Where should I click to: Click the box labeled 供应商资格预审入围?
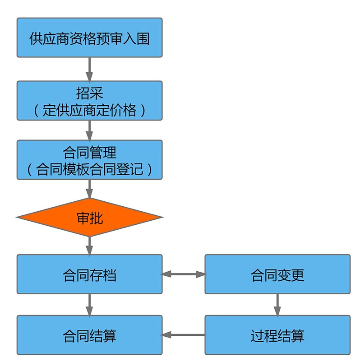(89, 38)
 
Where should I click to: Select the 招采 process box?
(89, 101)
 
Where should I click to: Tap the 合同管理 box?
(89, 159)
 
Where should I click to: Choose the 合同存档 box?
(89, 274)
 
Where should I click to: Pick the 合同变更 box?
(277, 274)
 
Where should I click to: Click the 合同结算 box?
(89, 335)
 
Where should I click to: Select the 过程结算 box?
(277, 335)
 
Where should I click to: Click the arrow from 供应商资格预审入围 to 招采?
(89, 69)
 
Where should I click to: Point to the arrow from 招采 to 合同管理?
(89, 130)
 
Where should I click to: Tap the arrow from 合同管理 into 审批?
(89, 189)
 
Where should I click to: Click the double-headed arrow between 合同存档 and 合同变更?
(184, 274)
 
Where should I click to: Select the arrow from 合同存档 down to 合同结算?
(89, 305)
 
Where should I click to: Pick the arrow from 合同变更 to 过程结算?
(277, 305)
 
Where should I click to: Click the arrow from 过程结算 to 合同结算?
(184, 335)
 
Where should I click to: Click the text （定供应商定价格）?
(89, 110)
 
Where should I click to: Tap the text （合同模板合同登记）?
(89, 169)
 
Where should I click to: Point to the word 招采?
(89, 93)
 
